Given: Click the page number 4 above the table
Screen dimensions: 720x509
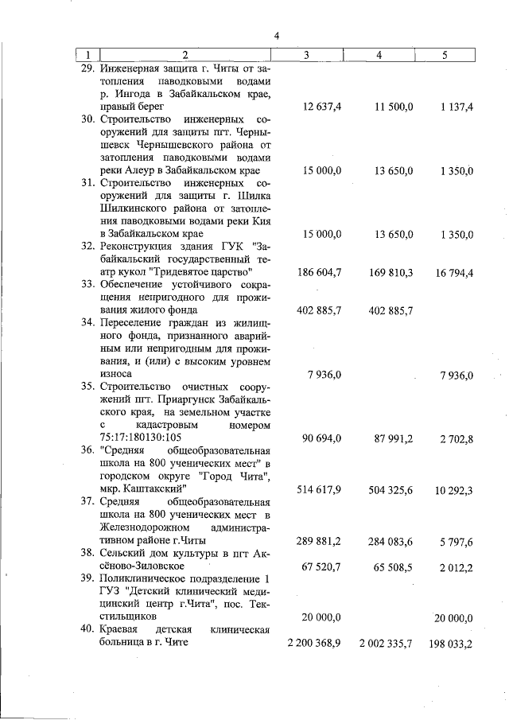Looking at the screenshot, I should (x=276, y=35).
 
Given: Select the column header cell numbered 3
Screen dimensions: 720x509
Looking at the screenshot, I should (x=307, y=55).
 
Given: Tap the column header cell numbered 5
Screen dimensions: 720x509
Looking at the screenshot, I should (x=443, y=55).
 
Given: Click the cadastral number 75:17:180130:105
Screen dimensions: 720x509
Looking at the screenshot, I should (x=140, y=438).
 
